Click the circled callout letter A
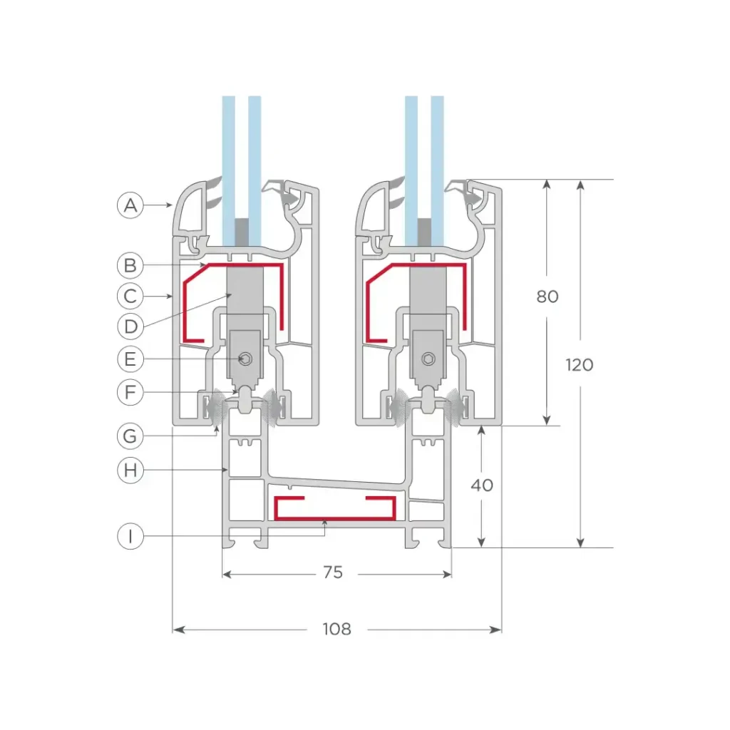(130, 205)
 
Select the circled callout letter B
(130, 265)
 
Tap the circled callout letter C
(130, 296)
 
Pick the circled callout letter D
(130, 327)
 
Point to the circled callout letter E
(130, 359)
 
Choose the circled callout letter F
(130, 392)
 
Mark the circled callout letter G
(130, 436)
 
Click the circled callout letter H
(130, 471)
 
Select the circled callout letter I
(130, 536)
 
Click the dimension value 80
(547, 297)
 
